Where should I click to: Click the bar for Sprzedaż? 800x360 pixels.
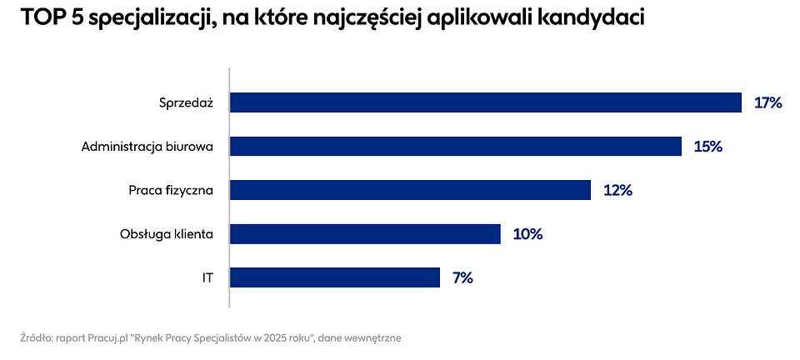coord(485,102)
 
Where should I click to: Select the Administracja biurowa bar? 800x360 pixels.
coord(456,147)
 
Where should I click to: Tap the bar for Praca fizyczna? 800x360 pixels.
coord(410,190)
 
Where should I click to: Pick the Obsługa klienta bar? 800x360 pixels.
coord(365,234)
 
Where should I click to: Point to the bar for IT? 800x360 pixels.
coord(334,277)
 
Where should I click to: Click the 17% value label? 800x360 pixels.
coord(767,102)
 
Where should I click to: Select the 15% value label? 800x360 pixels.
coord(707,147)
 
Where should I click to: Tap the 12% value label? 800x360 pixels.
coord(617,190)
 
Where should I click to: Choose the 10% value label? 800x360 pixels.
coord(527,234)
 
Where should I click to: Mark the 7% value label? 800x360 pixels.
coord(462,277)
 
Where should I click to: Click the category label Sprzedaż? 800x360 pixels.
coord(186,102)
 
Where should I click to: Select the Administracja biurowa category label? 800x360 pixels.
coord(147,147)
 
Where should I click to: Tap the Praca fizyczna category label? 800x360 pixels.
coord(171,190)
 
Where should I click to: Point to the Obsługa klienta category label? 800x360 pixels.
coord(167,234)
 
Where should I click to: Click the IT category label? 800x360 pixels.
coord(207,277)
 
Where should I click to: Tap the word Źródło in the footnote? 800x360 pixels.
coord(36,338)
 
